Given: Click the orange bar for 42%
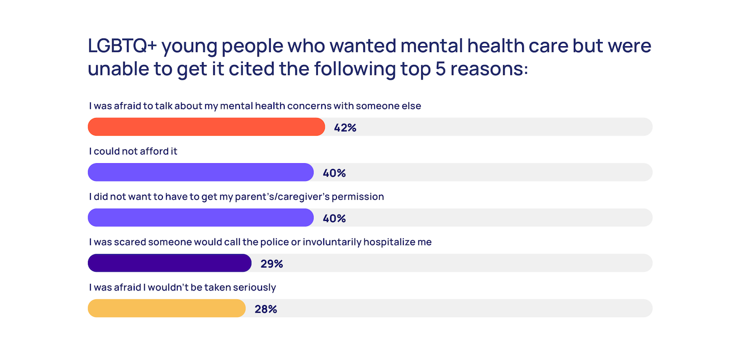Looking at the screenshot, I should (x=206, y=127).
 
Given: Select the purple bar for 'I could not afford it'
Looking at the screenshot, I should (x=200, y=172).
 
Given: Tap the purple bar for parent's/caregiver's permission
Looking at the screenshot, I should (x=200, y=217).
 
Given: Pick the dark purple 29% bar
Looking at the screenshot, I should (x=170, y=263).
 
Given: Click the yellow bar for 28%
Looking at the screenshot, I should (x=166, y=308).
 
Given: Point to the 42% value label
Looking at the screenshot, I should (x=345, y=128).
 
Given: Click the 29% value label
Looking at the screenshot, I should (x=271, y=264).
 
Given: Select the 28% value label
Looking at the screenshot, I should (x=266, y=309).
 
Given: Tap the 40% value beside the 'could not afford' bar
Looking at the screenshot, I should (x=334, y=173).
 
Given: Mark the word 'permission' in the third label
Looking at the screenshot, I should (x=360, y=197).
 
